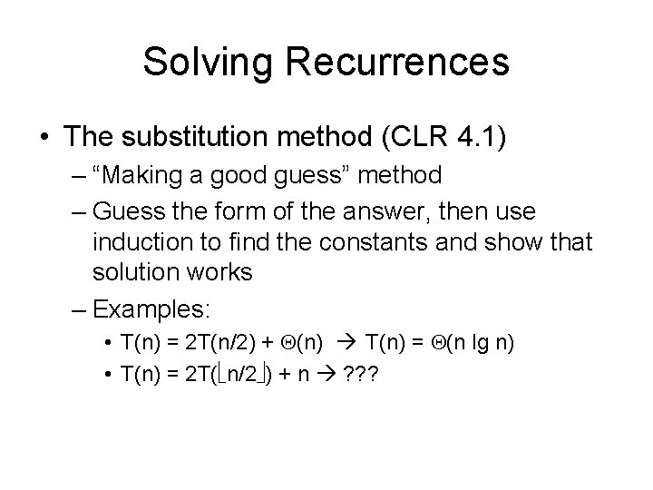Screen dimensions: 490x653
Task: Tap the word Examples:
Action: click(x=151, y=310)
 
